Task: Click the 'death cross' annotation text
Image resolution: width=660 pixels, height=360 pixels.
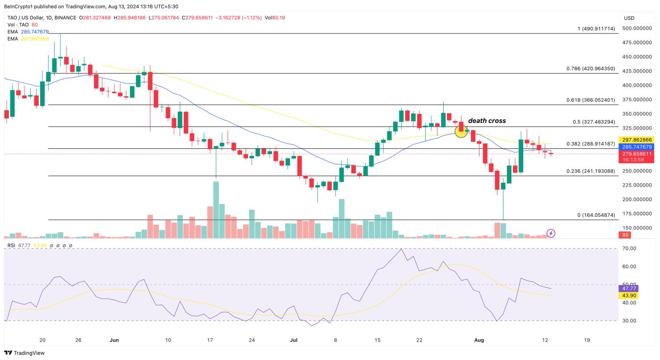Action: click(487, 121)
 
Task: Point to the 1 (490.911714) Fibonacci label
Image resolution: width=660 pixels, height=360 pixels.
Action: click(596, 29)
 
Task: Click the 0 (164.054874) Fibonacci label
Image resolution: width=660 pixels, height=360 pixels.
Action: click(596, 215)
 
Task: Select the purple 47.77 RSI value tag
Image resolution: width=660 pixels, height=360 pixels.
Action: click(629, 288)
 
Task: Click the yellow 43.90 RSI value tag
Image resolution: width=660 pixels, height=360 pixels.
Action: click(629, 295)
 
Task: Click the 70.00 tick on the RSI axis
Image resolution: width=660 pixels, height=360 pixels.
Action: click(629, 248)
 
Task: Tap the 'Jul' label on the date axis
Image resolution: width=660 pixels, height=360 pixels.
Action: click(294, 340)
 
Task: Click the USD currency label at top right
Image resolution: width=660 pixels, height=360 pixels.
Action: click(629, 18)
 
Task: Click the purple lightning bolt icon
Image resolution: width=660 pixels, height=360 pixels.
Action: click(551, 233)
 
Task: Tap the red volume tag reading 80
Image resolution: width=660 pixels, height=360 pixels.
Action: click(626, 235)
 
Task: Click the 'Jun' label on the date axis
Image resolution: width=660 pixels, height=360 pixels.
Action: click(113, 340)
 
